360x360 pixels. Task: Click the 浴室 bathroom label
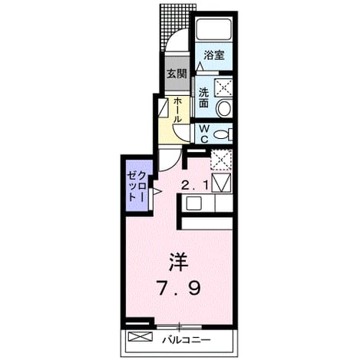tap(214, 55)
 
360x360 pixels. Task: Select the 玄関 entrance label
tap(177, 74)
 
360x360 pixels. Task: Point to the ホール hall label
tap(177, 110)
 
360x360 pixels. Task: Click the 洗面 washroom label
tap(203, 97)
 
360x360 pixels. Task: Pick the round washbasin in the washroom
tap(224, 108)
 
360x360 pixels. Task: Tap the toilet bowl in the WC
tap(223, 134)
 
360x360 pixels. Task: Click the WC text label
tap(204, 134)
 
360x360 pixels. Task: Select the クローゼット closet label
tap(137, 186)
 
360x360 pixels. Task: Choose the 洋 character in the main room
tap(178, 263)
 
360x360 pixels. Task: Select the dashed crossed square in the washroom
tap(223, 88)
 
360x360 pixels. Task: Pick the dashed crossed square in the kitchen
tap(221, 160)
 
